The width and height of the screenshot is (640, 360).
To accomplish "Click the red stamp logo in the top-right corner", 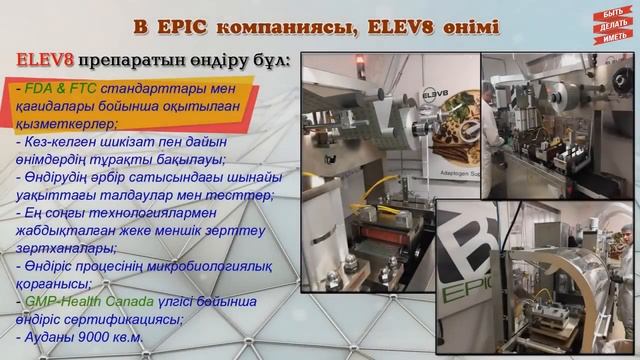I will pyautogui.click(x=610, y=27).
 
